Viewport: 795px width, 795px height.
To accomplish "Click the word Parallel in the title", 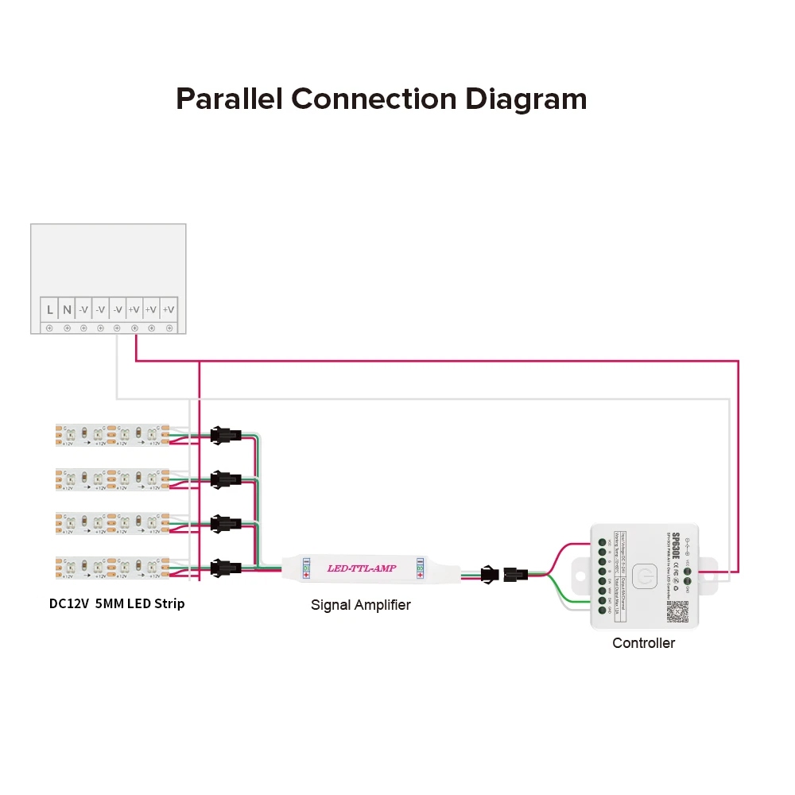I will point(230,99).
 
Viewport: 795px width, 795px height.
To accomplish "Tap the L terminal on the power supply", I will point(49,309).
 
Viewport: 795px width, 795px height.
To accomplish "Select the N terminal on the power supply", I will point(67,309).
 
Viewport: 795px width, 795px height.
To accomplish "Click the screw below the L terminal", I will point(49,328).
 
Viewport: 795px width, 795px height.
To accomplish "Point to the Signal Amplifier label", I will point(360,605).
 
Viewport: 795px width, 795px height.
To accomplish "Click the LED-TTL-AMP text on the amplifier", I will point(362,568).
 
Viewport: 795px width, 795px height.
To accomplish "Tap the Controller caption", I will point(643,642).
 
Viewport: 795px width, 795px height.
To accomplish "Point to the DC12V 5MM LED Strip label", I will point(117,603).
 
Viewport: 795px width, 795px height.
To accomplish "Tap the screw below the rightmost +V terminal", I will point(169,328).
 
